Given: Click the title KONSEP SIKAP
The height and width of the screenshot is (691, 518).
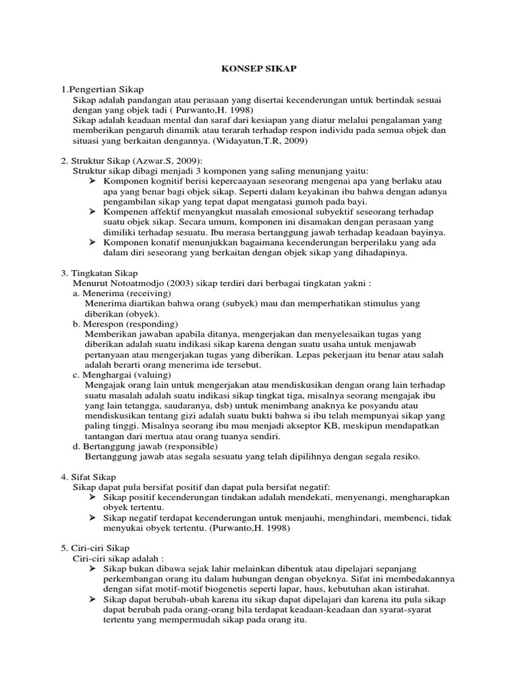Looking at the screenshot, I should (260, 69).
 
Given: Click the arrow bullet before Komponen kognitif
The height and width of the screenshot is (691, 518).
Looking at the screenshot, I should (94, 181).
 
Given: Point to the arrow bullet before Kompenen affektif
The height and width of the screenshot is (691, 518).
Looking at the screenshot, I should (94, 211).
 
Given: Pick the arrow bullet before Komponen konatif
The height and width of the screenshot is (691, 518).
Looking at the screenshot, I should (94, 242).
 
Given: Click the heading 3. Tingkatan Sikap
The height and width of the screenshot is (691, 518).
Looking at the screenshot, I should (99, 273).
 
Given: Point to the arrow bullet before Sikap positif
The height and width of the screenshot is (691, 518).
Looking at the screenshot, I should (94, 497).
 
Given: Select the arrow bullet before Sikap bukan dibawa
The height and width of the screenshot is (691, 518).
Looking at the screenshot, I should (94, 568).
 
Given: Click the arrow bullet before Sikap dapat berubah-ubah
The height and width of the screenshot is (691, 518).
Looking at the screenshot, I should (94, 599).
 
